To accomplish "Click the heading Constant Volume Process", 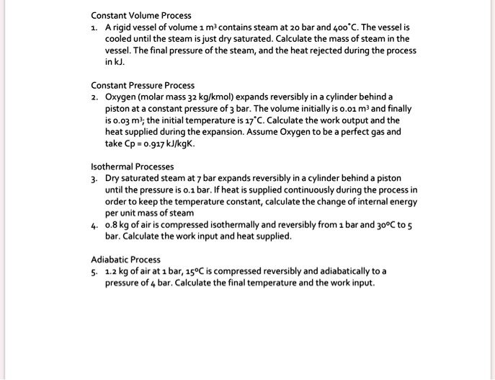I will (x=141, y=15).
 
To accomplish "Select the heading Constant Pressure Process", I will (x=143, y=85).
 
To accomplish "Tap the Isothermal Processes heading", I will (x=133, y=166).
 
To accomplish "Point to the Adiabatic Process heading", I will (x=126, y=260).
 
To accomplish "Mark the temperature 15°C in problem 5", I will (x=193, y=271).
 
